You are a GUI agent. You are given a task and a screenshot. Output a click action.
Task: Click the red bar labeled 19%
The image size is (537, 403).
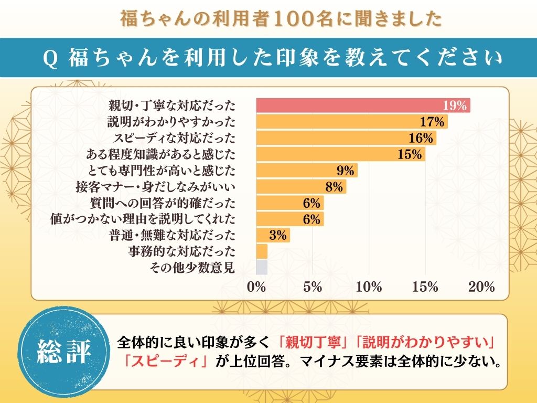click(362, 105)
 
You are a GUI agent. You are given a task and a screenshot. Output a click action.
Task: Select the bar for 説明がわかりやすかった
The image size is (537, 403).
click(351, 122)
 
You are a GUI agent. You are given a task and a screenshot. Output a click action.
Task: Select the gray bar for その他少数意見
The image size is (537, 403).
click(262, 268)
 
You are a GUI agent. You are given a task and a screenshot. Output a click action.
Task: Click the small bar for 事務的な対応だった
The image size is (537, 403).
click(262, 251)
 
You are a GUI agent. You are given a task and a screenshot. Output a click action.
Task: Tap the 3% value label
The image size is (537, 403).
click(277, 235)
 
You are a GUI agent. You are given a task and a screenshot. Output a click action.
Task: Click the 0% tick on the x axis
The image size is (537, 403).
click(256, 287)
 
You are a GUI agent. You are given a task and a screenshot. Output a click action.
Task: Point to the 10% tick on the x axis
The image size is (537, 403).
click(369, 287)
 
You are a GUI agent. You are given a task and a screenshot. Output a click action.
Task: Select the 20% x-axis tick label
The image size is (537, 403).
click(481, 287)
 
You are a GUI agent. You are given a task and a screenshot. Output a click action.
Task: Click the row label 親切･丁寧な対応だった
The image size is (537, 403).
click(171, 105)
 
